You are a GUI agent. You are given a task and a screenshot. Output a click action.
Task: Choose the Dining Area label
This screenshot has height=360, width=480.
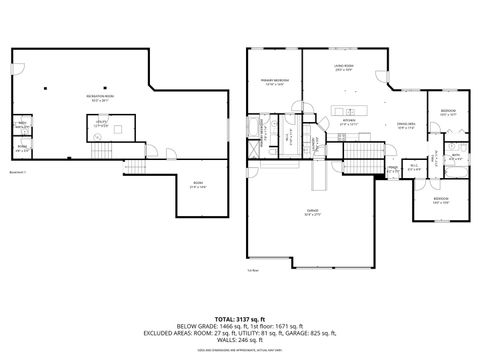point(406,125)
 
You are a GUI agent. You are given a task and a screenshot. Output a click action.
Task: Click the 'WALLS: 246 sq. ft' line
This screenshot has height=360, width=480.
point(240,340)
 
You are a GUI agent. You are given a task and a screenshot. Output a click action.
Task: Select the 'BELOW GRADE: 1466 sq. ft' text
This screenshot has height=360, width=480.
point(203,325)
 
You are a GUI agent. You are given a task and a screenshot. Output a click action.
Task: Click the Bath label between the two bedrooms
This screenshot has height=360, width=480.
point(453,155)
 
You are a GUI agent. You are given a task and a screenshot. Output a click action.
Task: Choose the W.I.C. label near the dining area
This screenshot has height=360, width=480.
point(413,167)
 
